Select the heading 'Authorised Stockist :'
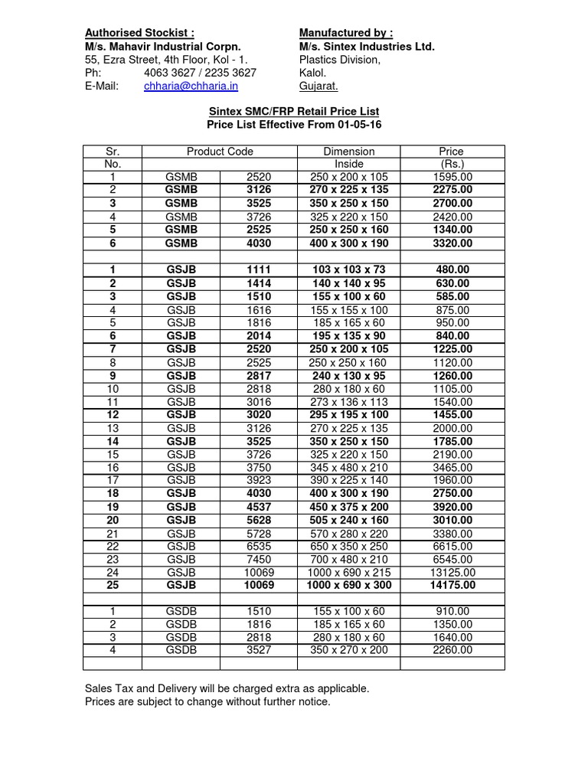[139, 33]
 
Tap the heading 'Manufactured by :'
[345, 33]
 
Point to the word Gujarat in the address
[318, 87]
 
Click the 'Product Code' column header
[220, 152]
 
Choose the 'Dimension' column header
[349, 152]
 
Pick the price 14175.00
[452, 586]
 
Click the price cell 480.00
[452, 270]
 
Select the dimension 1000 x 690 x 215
[349, 573]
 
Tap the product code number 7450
[259, 560]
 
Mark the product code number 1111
[259, 270]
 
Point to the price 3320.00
[452, 243]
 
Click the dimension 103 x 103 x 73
[349, 270]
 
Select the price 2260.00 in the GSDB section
[452, 651]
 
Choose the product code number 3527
[259, 651]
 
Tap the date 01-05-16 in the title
[358, 124]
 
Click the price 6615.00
[452, 547]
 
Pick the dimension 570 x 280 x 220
[349, 534]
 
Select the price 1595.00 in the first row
[452, 177]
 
